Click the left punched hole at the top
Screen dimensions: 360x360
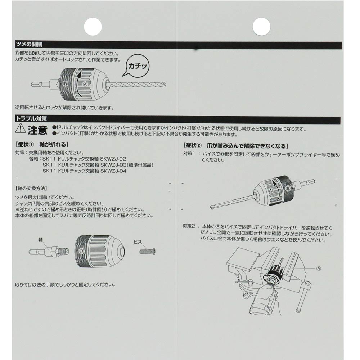point(93,26)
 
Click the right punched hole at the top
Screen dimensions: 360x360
point(261,26)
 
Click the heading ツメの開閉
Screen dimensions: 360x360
point(29,45)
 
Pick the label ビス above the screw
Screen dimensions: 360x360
point(138,242)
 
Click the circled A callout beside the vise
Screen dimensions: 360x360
point(319,268)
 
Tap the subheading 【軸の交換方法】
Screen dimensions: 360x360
point(32,188)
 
